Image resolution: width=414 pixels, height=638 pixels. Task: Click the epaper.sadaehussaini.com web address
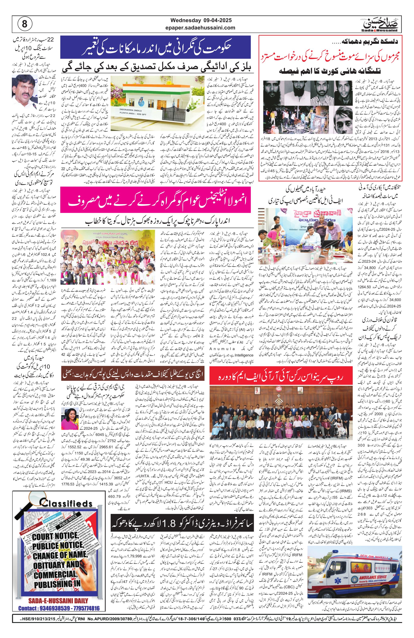point(200,27)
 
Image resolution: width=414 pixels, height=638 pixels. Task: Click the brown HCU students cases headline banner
point(133,373)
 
